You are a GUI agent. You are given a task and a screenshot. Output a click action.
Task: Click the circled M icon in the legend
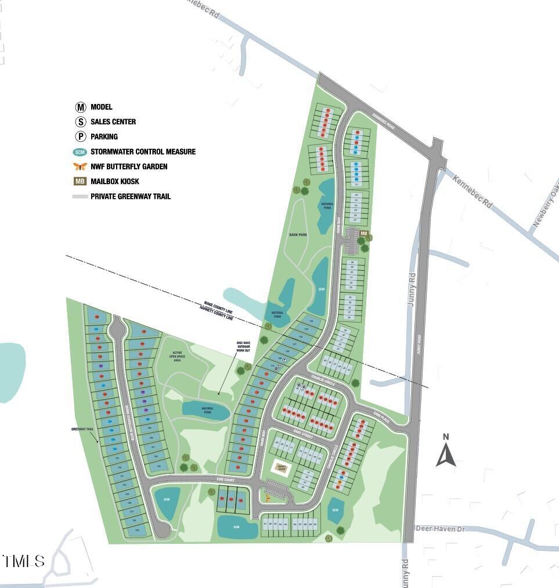coord(80,107)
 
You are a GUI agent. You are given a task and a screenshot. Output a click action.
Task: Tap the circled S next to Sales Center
coord(80,122)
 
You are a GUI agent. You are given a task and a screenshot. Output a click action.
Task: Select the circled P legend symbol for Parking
coord(80,137)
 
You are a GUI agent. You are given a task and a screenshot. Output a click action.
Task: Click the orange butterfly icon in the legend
coord(80,167)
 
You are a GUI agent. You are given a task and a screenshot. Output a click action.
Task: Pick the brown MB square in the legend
coord(80,181)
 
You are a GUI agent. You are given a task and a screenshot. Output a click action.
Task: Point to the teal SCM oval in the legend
coord(80,152)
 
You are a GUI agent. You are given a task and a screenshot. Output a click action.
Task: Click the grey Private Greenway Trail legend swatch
coord(80,196)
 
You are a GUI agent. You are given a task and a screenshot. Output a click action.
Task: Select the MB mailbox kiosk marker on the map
coord(364,234)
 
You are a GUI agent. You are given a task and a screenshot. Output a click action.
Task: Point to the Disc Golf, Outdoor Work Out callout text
coord(243,346)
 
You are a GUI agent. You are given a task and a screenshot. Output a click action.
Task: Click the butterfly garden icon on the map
coord(267,498)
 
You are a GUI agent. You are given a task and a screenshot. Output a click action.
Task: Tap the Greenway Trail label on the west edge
coord(82,429)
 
